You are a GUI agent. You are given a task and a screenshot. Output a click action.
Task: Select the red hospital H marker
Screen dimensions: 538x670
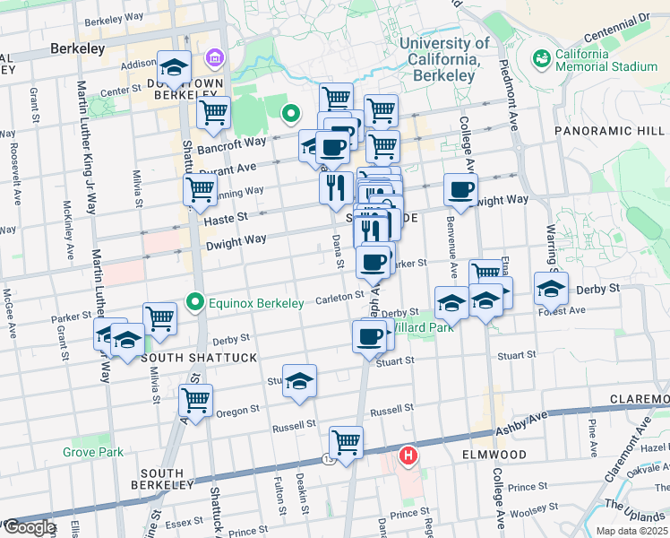408,456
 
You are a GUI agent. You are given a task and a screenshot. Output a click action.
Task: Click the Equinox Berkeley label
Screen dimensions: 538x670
255,303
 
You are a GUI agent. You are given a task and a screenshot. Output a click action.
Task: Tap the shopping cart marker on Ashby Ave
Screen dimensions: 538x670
346,441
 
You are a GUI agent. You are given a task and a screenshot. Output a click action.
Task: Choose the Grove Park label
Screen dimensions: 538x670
93,452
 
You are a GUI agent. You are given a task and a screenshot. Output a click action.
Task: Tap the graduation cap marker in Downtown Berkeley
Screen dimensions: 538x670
174,65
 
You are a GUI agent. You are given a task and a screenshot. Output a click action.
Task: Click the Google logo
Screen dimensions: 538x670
29,527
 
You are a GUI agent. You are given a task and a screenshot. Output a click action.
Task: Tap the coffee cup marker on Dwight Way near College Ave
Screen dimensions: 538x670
461,190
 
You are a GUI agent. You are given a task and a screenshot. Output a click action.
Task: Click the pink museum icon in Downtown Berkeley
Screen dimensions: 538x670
214,60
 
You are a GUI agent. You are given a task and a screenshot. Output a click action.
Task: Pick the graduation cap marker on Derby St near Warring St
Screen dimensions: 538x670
551,287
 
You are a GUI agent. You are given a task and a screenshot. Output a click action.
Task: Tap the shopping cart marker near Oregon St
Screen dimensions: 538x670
195,399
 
